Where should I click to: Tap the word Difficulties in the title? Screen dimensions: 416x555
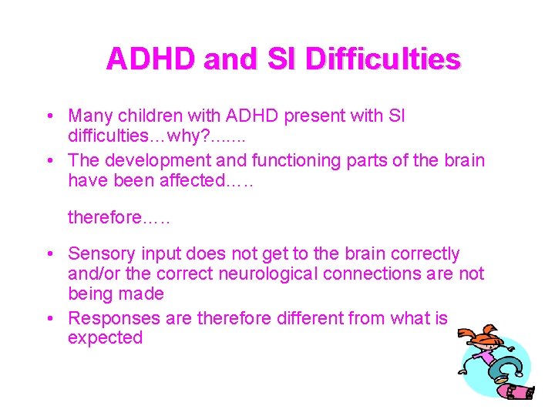pyautogui.click(x=382, y=59)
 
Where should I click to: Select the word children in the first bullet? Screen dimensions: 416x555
pyautogui.click(x=157, y=116)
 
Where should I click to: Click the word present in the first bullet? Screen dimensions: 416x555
pyautogui.click(x=318, y=116)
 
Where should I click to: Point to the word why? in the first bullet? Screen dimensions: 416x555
pyautogui.click(x=200, y=136)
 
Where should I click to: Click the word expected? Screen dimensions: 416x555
pyautogui.click(x=105, y=338)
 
